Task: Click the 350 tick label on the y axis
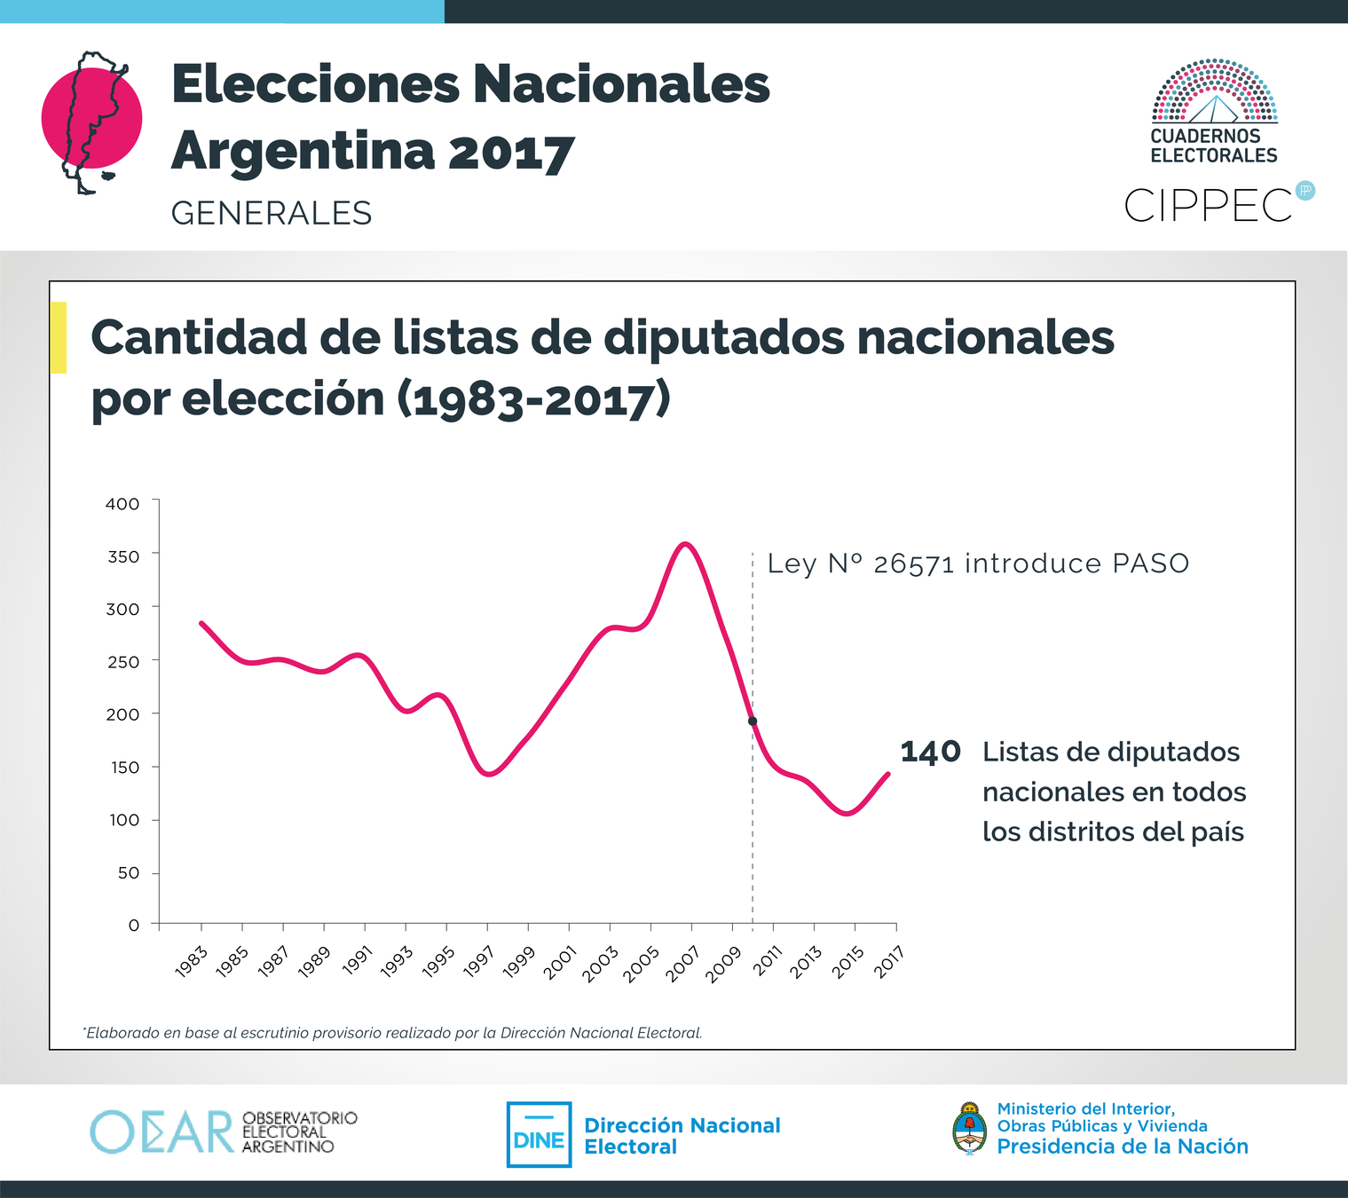tap(123, 556)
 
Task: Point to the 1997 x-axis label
tap(479, 961)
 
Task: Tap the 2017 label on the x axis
tap(888, 961)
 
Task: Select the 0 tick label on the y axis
tap(134, 925)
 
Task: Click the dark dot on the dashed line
tap(753, 721)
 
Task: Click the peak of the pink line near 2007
tap(684, 544)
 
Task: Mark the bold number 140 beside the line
tap(930, 753)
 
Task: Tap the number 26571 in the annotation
tap(913, 564)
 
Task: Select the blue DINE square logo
tap(539, 1135)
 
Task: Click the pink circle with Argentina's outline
tap(91, 119)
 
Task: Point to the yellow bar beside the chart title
tap(59, 337)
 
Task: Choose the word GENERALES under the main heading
tap(272, 214)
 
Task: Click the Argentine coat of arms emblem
tap(969, 1129)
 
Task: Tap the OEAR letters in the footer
tap(162, 1132)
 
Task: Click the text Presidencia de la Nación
tap(1122, 1147)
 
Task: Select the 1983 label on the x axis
tap(192, 961)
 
